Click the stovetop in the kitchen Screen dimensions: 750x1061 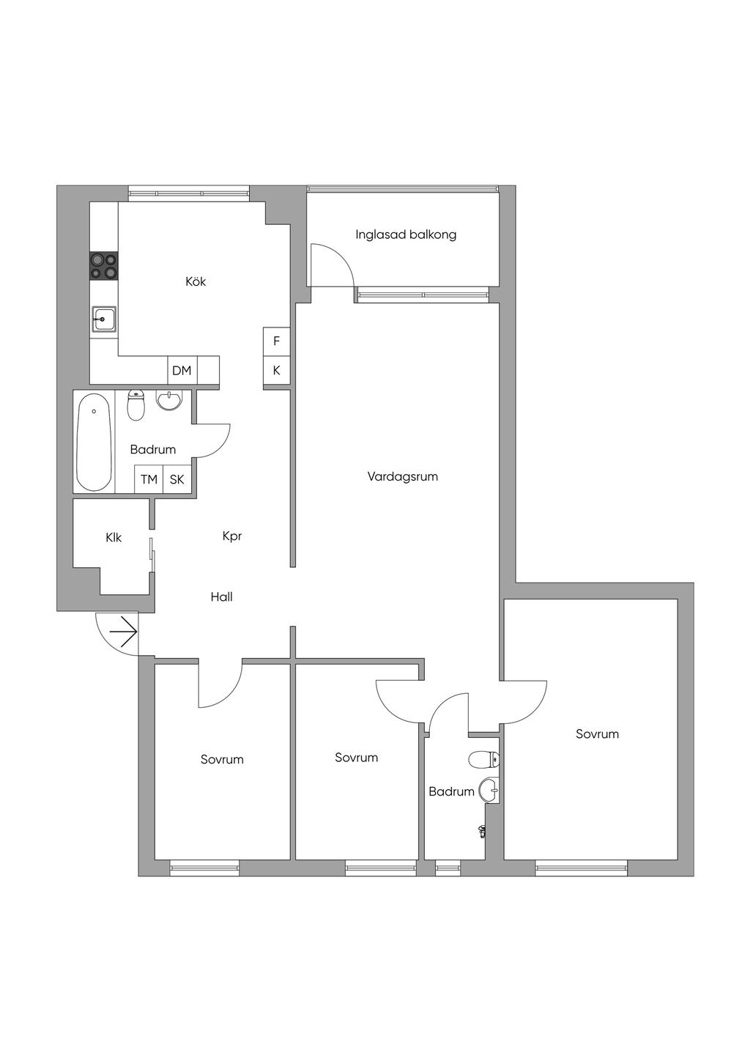104,265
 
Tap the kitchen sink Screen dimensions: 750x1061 104,319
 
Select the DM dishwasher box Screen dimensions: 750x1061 182,371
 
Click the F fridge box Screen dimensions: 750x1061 277,341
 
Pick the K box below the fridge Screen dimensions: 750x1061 277,371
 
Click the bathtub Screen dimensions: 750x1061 94,442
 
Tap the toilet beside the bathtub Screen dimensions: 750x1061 136,405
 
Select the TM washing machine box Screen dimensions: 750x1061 149,479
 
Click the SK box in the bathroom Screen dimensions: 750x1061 177,479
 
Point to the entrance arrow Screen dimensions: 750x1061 123,632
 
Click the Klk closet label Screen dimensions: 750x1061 114,538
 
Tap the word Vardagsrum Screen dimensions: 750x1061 402,476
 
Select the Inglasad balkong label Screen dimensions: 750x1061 406,234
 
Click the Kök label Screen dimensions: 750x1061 196,282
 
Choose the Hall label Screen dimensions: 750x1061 222,597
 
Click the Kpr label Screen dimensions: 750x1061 232,536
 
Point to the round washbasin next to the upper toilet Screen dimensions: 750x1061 168,401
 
